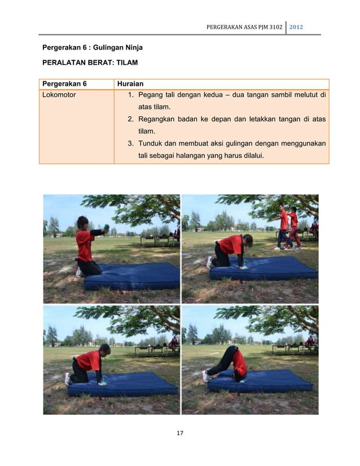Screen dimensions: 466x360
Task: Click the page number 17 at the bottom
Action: click(181, 433)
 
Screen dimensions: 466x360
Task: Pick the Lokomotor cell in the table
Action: click(59, 95)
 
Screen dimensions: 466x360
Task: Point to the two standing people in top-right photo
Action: click(288, 227)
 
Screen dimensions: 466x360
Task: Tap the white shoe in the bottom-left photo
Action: click(68, 379)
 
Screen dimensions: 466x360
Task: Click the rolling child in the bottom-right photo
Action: click(231, 362)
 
